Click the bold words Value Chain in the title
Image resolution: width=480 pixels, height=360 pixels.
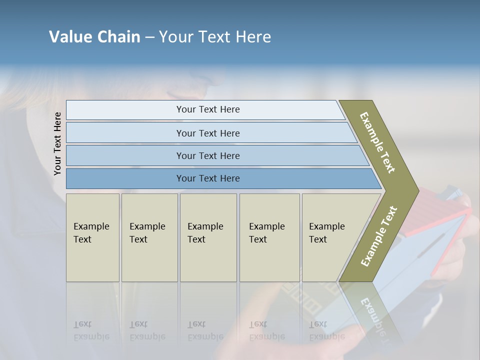pyautogui.click(x=94, y=37)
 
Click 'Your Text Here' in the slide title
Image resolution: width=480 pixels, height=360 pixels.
pyautogui.click(x=215, y=37)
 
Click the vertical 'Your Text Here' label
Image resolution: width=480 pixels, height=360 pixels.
pyautogui.click(x=57, y=143)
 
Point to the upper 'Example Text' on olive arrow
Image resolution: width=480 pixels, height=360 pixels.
pyautogui.click(x=377, y=142)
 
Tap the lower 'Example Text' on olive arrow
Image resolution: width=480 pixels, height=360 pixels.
pyautogui.click(x=379, y=236)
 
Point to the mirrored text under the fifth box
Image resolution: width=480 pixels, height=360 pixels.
pyautogui.click(x=326, y=330)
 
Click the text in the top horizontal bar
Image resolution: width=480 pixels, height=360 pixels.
pyautogui.click(x=208, y=109)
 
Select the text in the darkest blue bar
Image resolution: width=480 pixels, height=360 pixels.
pyautogui.click(x=208, y=178)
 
